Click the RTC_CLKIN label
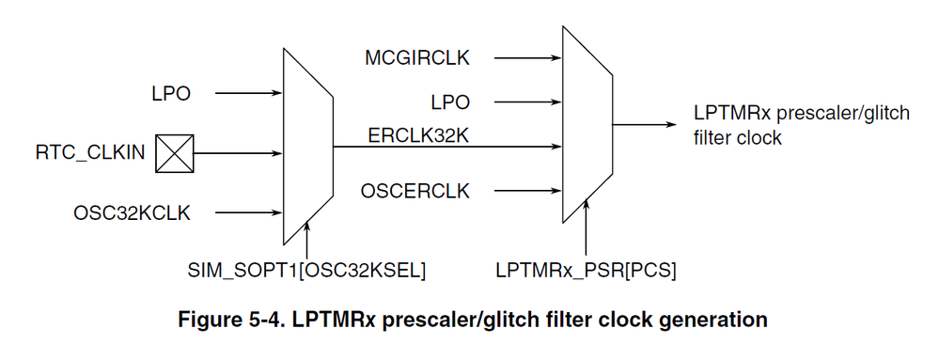(x=91, y=153)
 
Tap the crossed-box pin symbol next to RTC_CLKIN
(x=174, y=153)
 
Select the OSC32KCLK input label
(x=132, y=212)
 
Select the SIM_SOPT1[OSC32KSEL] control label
(x=306, y=271)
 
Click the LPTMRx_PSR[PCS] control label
(x=586, y=271)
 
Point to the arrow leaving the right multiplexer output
(x=649, y=123)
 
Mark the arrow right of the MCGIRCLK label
(x=526, y=58)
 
